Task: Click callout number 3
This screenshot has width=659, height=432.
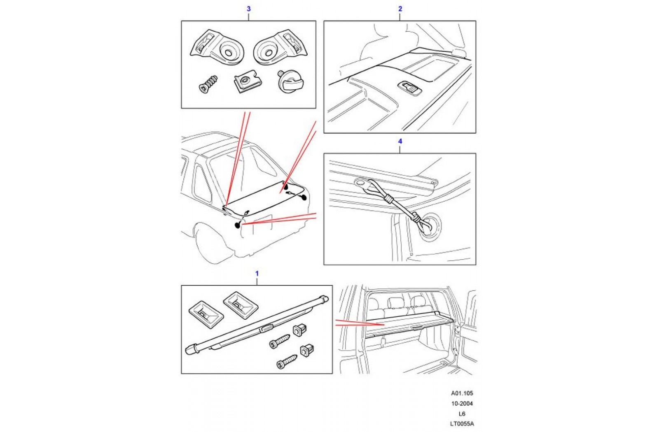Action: [248, 9]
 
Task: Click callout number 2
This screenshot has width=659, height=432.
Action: [400, 9]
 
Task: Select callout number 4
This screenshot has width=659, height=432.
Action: [400, 141]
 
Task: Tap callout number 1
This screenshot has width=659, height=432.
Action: [257, 274]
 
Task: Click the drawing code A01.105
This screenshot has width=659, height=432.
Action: [462, 393]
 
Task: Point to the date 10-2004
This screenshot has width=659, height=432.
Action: [462, 404]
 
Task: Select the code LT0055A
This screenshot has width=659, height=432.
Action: [462, 424]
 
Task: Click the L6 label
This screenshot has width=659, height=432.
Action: [462, 414]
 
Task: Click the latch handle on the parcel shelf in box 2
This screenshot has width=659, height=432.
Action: [409, 88]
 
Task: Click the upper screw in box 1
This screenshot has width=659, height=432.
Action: [279, 341]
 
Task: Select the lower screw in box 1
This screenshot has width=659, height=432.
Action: [287, 361]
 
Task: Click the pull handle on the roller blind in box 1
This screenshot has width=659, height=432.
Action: [266, 328]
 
